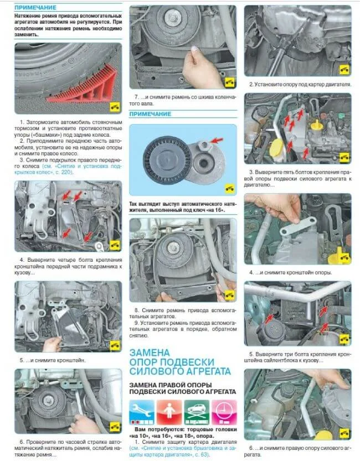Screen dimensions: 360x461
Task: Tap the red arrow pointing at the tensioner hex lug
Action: [x=217, y=141]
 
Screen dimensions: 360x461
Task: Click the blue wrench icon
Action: [x=142, y=412]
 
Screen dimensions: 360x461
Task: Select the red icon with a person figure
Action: [x=169, y=412]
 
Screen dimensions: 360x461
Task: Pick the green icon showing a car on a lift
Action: [x=197, y=412]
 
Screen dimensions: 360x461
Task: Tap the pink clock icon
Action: [x=224, y=412]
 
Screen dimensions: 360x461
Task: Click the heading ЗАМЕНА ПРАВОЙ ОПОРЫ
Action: [x=170, y=385]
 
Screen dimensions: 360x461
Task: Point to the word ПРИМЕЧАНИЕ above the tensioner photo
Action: [x=150, y=114]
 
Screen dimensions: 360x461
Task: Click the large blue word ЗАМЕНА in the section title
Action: [x=150, y=353]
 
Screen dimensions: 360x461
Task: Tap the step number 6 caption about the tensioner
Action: [x=68, y=448]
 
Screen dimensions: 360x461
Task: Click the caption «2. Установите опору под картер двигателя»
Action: [x=300, y=85]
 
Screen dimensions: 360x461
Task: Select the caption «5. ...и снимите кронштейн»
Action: [x=53, y=360]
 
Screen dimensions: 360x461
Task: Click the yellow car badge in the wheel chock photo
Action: [x=115, y=107]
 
